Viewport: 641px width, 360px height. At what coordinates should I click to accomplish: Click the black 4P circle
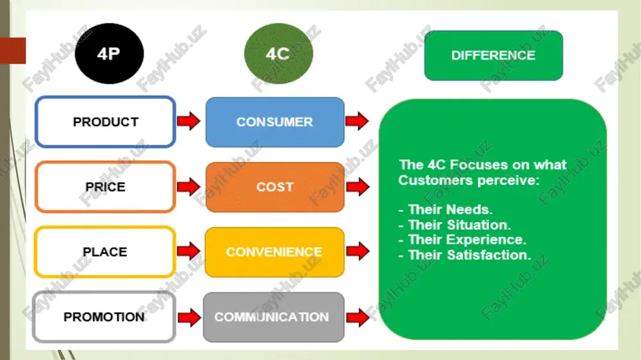pos(109,54)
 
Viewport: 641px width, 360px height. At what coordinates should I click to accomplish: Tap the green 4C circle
pos(278,54)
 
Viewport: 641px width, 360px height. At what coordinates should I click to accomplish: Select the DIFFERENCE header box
pos(494,56)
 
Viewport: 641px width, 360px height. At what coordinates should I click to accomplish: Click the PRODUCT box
pos(106,122)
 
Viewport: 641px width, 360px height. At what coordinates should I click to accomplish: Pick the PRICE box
pos(106,187)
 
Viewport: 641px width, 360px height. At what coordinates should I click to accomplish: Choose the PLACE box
pos(105,252)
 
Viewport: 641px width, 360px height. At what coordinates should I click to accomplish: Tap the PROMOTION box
pos(104,316)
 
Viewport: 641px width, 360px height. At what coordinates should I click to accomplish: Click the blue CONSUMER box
pos(275,122)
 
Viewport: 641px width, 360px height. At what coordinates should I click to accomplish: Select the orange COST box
pos(275,187)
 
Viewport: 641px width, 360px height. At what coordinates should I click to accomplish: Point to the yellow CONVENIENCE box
pos(274,252)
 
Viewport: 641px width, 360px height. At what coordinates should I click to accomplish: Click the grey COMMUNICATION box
pos(274,317)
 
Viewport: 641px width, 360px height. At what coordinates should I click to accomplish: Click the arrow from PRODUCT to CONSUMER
pos(189,121)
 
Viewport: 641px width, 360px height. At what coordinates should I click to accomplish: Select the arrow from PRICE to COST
pos(189,187)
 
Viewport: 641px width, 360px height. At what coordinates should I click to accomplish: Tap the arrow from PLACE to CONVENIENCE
pos(189,251)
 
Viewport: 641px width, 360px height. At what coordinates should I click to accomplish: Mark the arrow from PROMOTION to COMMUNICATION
pos(190,318)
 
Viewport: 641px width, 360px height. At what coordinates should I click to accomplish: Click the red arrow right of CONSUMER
pos(357,121)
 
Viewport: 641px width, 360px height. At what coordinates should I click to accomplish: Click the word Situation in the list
pos(479,225)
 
